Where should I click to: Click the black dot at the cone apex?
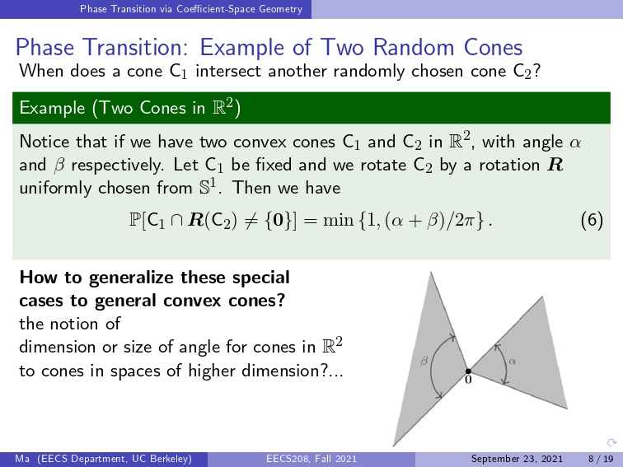tap(468, 371)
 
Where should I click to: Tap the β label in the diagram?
tap(424, 361)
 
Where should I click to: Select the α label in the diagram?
tap(512, 361)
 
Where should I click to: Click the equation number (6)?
tap(592, 220)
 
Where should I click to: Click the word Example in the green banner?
tap(52, 108)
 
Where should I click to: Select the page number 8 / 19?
tap(601, 459)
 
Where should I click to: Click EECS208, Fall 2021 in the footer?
tap(311, 459)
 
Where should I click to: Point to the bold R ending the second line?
tap(555, 165)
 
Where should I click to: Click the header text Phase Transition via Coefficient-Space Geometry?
tap(191, 9)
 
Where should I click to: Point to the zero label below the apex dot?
tap(468, 380)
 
